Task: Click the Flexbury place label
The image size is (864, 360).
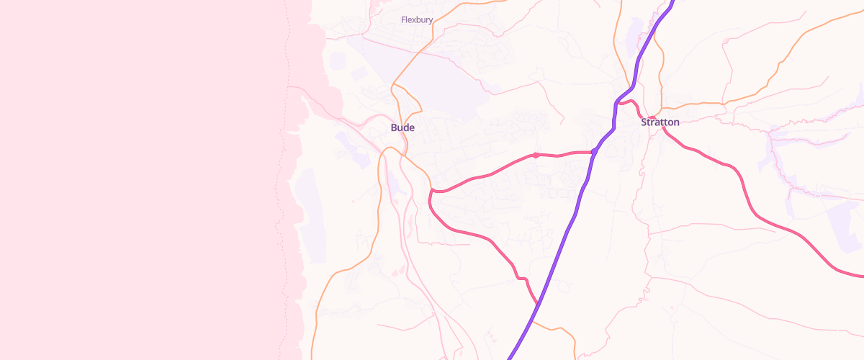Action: click(417, 20)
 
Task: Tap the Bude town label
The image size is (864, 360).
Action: click(402, 127)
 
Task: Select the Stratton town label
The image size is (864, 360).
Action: click(660, 122)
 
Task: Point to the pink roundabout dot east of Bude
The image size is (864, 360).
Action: click(536, 155)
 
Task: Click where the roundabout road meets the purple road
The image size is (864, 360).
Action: click(593, 152)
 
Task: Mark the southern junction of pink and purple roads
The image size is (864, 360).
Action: click(538, 304)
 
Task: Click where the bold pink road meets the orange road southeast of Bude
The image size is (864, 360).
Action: click(431, 190)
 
